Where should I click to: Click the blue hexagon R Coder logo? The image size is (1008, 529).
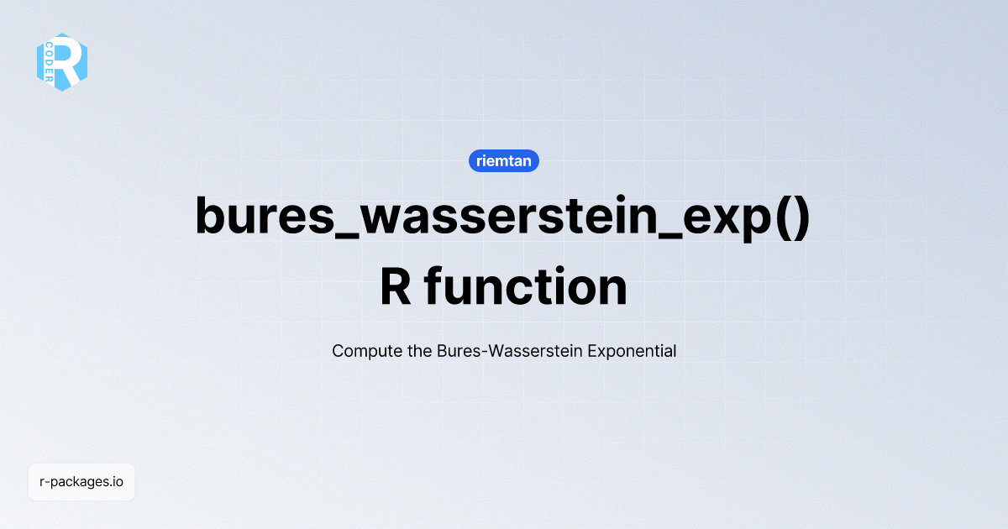61,62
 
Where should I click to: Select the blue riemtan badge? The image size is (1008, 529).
503,160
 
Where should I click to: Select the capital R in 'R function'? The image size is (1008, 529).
396,287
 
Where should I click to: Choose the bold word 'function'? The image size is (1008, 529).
526,287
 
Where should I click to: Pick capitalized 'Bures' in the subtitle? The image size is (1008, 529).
456,351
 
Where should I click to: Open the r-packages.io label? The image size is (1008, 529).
81,482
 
